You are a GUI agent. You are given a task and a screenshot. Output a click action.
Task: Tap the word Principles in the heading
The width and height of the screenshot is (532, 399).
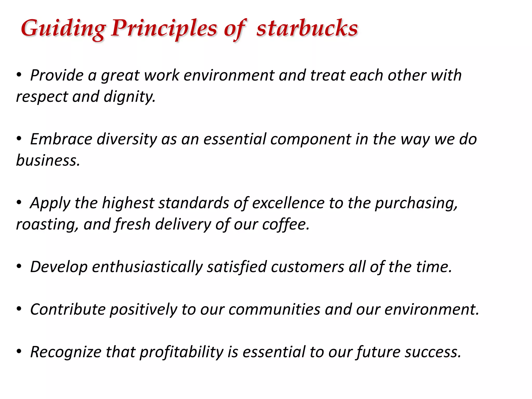(x=164, y=29)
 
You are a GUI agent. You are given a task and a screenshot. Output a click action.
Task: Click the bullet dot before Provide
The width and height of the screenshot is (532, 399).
(x=19, y=75)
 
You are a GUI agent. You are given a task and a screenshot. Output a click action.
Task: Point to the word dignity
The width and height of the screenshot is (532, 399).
(x=130, y=97)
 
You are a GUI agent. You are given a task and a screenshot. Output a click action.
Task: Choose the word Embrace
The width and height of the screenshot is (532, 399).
(x=61, y=139)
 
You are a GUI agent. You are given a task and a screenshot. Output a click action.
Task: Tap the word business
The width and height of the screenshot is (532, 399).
(x=48, y=160)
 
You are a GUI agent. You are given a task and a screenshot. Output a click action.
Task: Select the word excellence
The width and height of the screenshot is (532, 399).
(x=288, y=203)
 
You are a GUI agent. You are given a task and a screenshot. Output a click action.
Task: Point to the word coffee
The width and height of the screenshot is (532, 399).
(x=286, y=224)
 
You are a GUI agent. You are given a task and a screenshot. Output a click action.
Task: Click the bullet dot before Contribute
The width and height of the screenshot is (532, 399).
(x=19, y=309)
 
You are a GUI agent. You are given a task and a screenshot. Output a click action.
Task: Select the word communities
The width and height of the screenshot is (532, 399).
(x=274, y=309)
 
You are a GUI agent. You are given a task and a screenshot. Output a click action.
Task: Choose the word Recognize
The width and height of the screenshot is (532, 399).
(x=66, y=352)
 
